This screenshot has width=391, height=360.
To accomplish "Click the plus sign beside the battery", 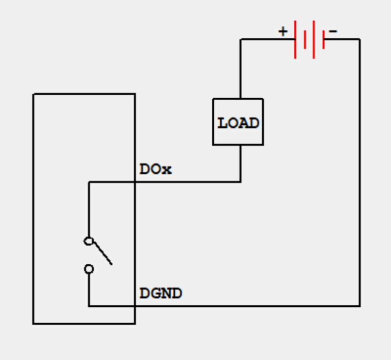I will [283, 32].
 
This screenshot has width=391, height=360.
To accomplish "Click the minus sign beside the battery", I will [333, 32].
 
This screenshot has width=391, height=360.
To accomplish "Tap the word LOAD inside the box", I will [238, 123].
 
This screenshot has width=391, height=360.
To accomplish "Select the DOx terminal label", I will [155, 170].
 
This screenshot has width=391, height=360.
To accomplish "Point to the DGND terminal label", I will [161, 293].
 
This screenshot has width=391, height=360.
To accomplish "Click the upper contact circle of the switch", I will [89, 241].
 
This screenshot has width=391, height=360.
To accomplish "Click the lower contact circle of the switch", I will [89, 269].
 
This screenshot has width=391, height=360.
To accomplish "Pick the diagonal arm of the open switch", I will [103, 253].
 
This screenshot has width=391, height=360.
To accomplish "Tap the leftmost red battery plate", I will [295, 39].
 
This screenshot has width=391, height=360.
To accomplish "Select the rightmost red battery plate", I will [323, 39].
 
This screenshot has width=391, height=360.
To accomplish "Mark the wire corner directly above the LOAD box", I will [241, 39].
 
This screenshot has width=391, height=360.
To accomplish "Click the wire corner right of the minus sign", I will [359, 39].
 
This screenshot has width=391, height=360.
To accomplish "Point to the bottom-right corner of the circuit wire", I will [359, 306].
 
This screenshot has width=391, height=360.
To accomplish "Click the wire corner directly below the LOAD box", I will [241, 182].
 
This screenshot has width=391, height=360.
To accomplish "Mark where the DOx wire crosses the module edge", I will [135, 182].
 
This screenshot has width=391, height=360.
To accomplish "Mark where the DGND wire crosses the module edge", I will [135, 306].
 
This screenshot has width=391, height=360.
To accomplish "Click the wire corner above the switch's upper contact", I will [89, 182].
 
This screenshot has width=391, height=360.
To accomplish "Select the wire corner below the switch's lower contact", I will [89, 306].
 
